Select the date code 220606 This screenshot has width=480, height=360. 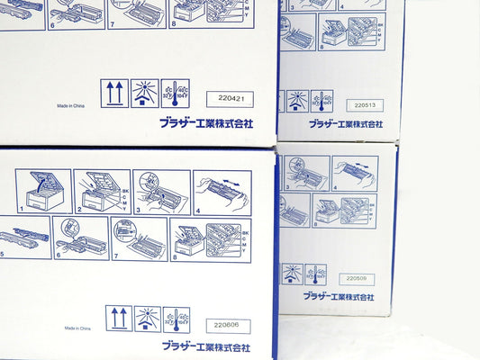coord(228,326)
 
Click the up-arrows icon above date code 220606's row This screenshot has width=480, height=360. coord(119,318)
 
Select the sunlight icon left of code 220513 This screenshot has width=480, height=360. coord(297,100)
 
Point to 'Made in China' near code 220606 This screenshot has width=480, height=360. coord(77,329)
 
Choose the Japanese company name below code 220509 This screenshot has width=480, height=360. coord(339,296)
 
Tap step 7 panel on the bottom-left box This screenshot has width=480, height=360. coord(139,238)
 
